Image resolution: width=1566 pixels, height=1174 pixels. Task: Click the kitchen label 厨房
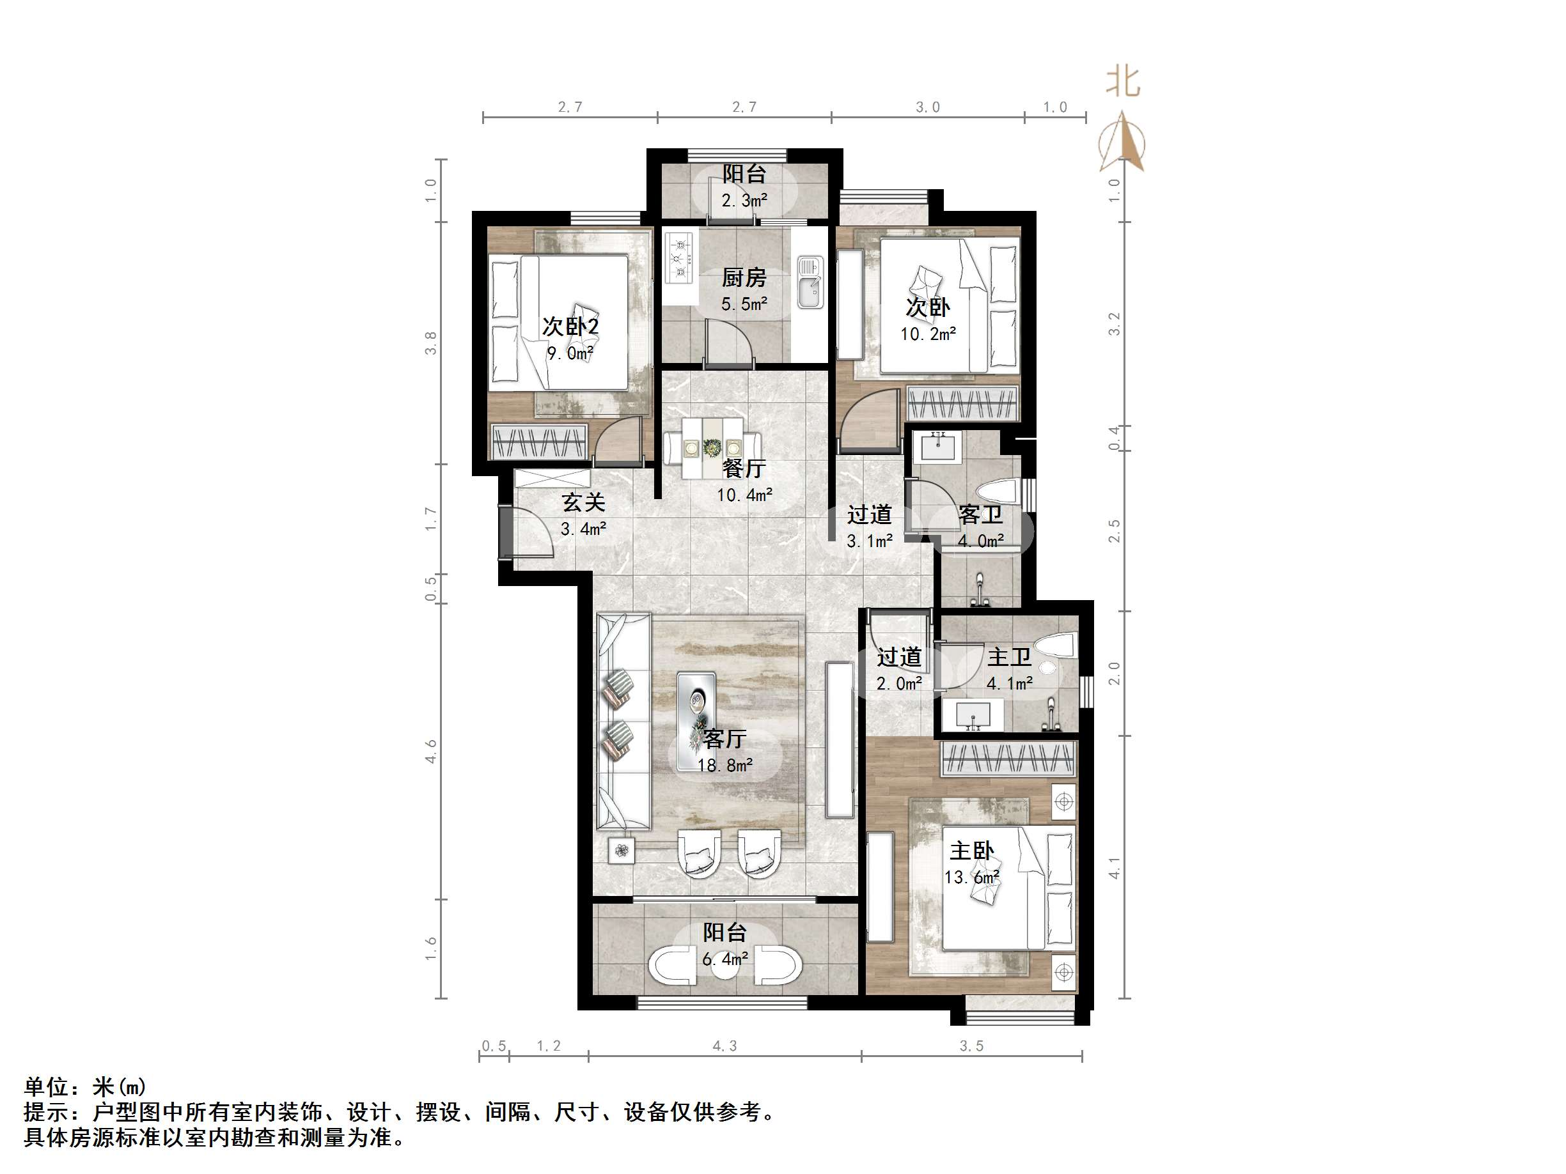click(x=743, y=278)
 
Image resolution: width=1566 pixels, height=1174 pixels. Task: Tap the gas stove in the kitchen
click(x=680, y=258)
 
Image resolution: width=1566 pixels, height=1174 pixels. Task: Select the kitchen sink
click(x=810, y=282)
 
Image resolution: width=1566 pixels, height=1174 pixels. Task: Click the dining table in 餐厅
click(x=712, y=447)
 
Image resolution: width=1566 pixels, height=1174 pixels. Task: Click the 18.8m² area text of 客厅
click(x=724, y=765)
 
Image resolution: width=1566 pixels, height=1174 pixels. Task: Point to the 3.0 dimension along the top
click(x=927, y=107)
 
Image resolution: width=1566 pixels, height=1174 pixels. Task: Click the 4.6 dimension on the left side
click(x=431, y=751)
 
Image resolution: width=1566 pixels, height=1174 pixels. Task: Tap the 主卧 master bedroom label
click(x=971, y=850)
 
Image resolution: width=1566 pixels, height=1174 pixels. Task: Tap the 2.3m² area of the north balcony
click(x=743, y=201)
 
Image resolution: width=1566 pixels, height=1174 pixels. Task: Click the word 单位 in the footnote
click(x=47, y=1086)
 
